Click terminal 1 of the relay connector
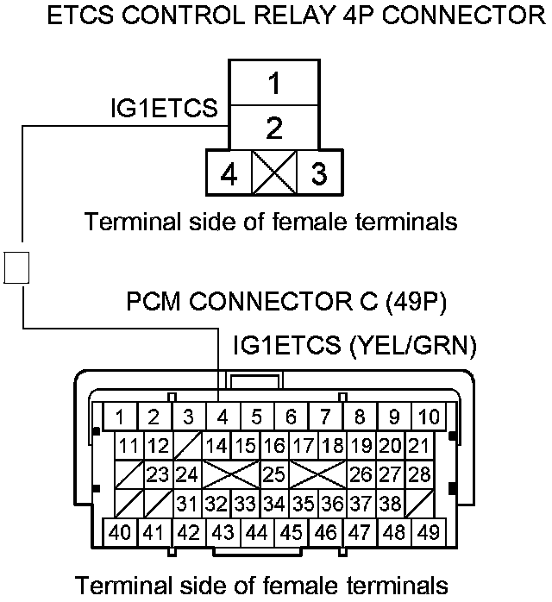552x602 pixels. click(273, 85)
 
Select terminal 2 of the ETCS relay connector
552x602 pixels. click(273, 129)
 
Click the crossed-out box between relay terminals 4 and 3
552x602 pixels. click(273, 172)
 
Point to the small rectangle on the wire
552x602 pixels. click(17, 267)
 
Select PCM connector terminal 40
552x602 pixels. click(120, 531)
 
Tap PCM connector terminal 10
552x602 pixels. click(429, 417)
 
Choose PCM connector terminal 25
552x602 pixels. click(274, 473)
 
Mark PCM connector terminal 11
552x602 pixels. click(129, 446)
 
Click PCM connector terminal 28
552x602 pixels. click(420, 473)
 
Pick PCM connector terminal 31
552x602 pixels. click(187, 502)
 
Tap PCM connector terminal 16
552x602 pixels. click(274, 446)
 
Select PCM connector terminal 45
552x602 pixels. click(292, 531)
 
